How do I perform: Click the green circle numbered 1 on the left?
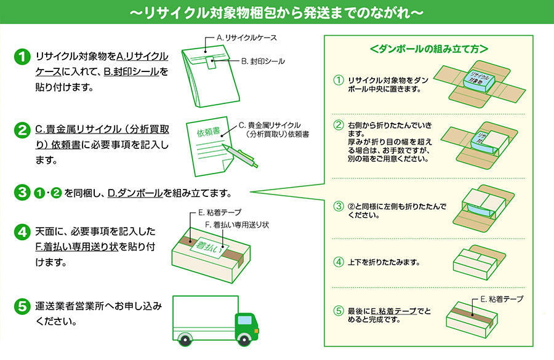[x=22, y=57]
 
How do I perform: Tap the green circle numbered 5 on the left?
[x=22, y=306]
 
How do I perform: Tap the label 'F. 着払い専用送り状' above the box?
[x=236, y=225]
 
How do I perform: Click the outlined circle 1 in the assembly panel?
[x=337, y=81]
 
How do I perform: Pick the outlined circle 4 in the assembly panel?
[x=337, y=262]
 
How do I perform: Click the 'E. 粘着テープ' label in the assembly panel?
[x=502, y=298]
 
